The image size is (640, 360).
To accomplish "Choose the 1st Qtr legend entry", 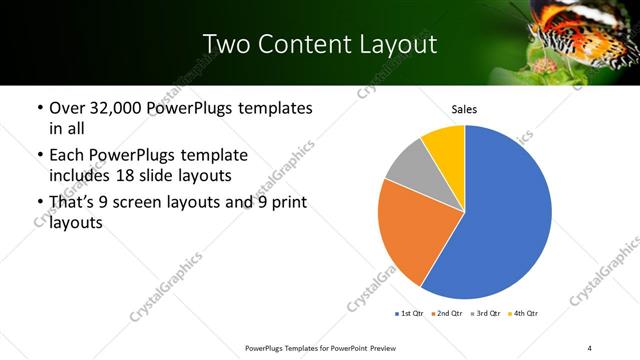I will pos(409,314).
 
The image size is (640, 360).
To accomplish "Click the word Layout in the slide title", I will pos(393,44).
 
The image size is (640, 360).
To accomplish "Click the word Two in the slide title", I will pos(225,44).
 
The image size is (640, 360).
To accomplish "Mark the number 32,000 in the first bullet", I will pos(119,108).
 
